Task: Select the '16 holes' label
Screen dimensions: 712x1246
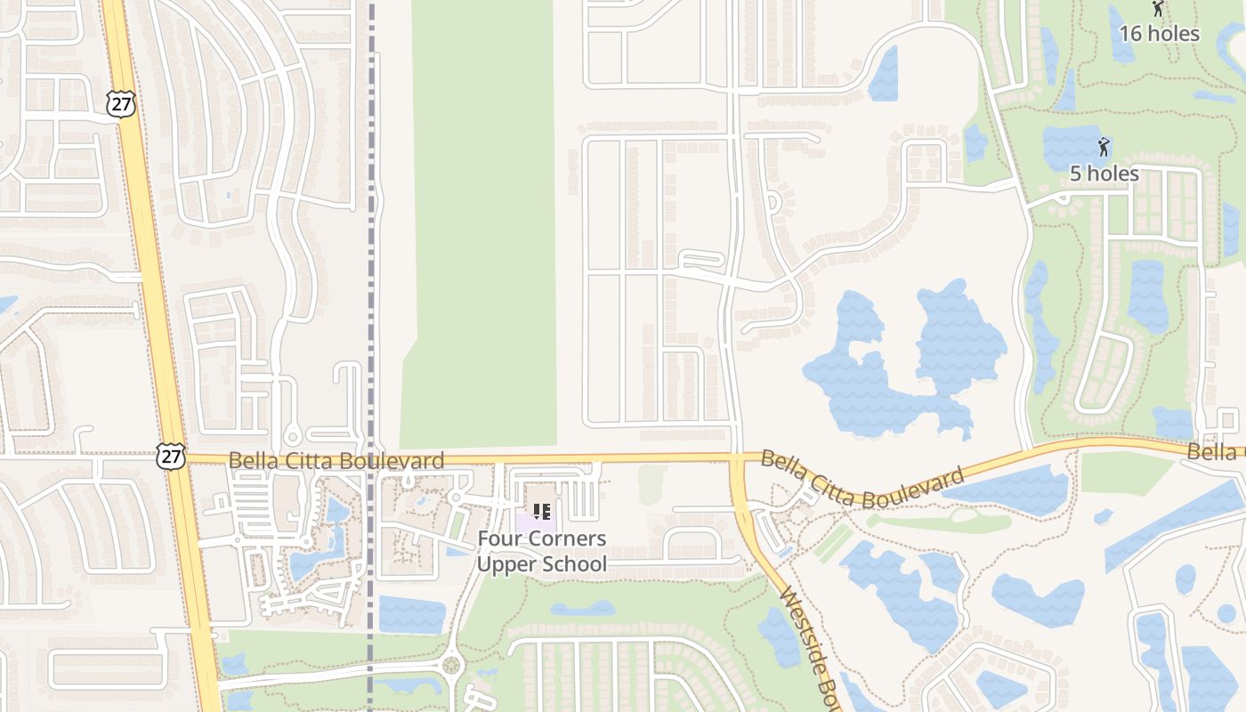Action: [x=1159, y=34]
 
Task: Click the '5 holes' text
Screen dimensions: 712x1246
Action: [x=1104, y=174]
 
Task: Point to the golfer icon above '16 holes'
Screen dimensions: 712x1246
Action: [x=1158, y=9]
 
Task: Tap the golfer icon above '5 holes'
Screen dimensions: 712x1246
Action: [x=1104, y=147]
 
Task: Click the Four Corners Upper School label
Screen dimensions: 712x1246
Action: [x=541, y=551]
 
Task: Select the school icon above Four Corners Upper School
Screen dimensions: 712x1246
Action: [x=541, y=512]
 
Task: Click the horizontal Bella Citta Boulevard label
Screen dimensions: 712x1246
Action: [x=336, y=461]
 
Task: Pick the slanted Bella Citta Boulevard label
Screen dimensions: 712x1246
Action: [x=862, y=481]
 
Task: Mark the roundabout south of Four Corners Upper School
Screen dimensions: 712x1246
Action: [x=451, y=665]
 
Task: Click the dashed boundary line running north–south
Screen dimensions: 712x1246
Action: [x=371, y=222]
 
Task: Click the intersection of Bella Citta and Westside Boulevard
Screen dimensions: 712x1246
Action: [x=738, y=458]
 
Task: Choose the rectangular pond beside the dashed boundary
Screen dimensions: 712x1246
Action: [x=411, y=615]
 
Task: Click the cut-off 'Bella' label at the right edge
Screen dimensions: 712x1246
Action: [x=1216, y=452]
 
